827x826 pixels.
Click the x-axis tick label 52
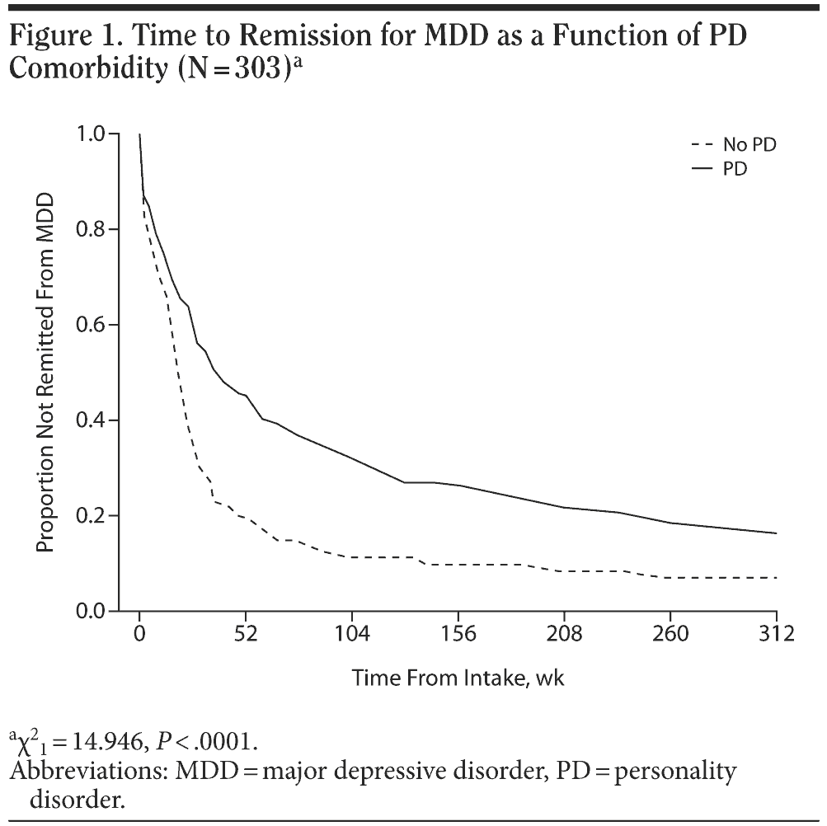(x=246, y=635)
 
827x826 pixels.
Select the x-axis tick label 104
(x=352, y=635)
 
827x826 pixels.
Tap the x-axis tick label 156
(x=458, y=635)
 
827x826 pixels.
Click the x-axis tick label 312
(x=776, y=635)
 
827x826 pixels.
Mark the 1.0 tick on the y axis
(x=93, y=134)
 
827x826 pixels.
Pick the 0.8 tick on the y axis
(x=93, y=229)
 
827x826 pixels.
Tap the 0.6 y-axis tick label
(x=93, y=325)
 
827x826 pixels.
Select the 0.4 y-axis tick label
(x=93, y=420)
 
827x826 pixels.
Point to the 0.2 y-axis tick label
(x=93, y=516)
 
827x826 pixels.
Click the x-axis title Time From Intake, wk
(x=458, y=678)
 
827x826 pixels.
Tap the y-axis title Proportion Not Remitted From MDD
(x=46, y=373)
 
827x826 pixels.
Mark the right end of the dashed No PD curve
(x=776, y=578)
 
